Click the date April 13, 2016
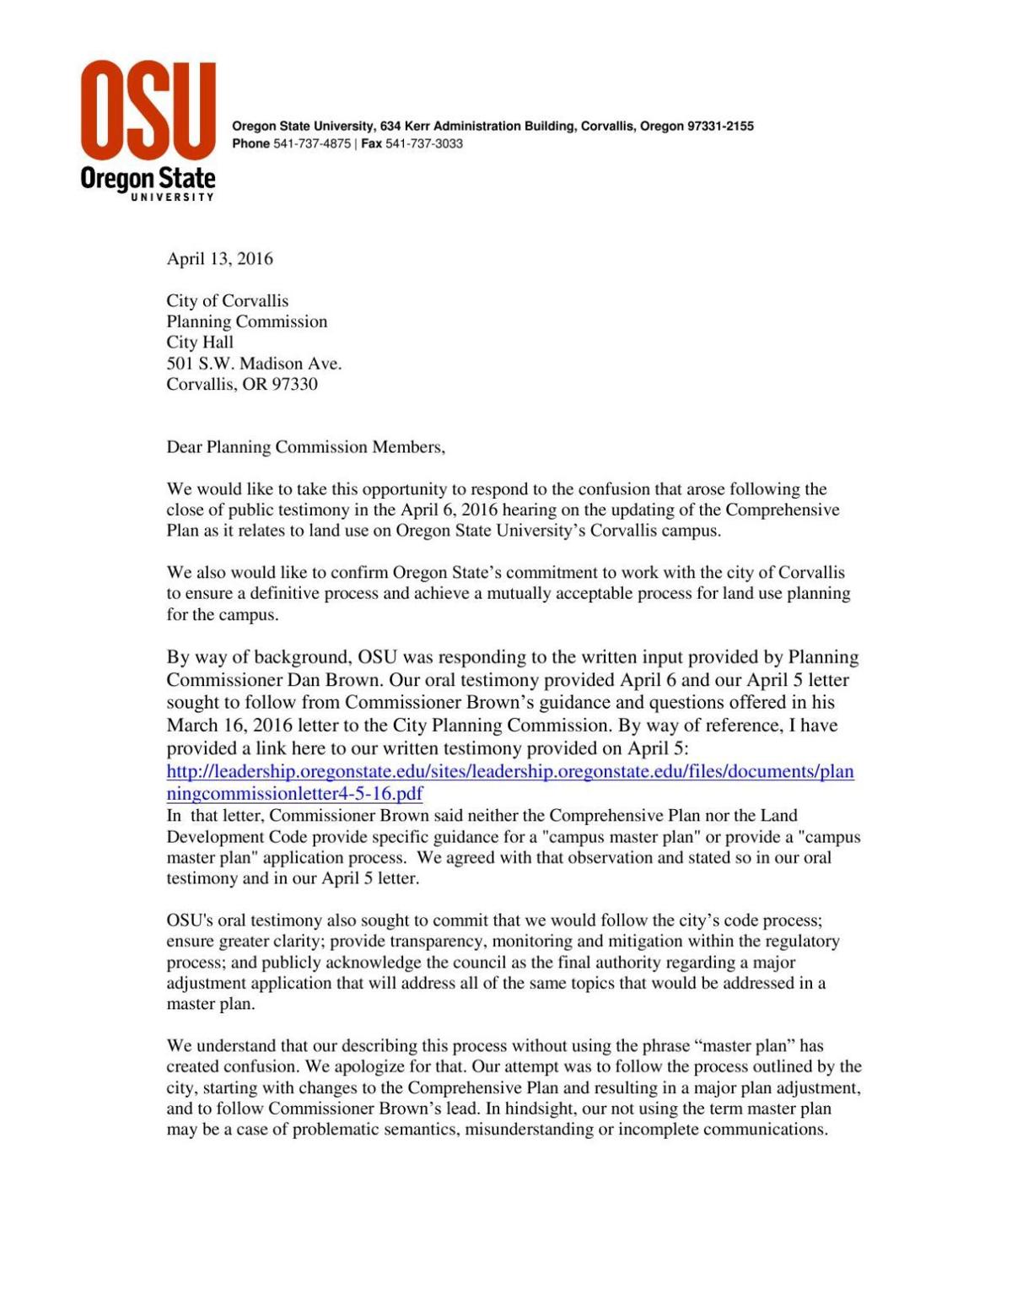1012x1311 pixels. point(219,259)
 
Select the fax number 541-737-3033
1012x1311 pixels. point(424,143)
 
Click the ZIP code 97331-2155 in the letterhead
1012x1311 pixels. point(720,127)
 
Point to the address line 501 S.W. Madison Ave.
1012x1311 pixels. point(254,364)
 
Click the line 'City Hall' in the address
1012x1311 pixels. point(200,343)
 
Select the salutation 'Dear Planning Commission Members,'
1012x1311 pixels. point(305,447)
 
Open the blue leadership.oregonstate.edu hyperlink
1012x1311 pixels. point(510,771)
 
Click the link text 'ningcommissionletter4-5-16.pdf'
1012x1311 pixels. point(294,793)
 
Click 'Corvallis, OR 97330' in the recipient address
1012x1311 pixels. point(242,385)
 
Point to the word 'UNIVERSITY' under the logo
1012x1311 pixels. point(171,197)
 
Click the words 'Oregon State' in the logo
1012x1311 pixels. point(148,179)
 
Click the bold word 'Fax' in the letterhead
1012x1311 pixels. point(371,143)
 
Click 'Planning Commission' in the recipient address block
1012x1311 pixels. point(246,321)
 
